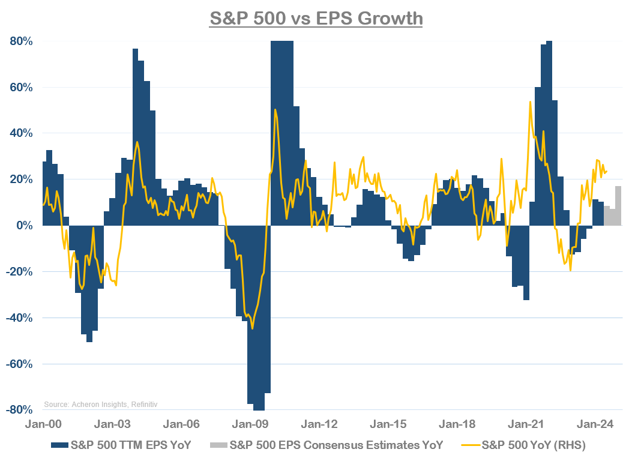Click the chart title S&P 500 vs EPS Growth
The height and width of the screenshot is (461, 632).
pos(316,18)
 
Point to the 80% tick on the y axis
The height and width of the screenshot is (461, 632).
pos(20,41)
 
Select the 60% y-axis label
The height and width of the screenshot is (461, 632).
pos(20,88)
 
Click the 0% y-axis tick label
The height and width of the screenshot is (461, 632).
pos(24,226)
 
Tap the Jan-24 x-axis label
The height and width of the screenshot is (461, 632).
pos(595,424)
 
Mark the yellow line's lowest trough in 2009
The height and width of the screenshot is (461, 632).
pos(252,328)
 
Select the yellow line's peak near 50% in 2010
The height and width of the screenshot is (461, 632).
pos(275,110)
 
